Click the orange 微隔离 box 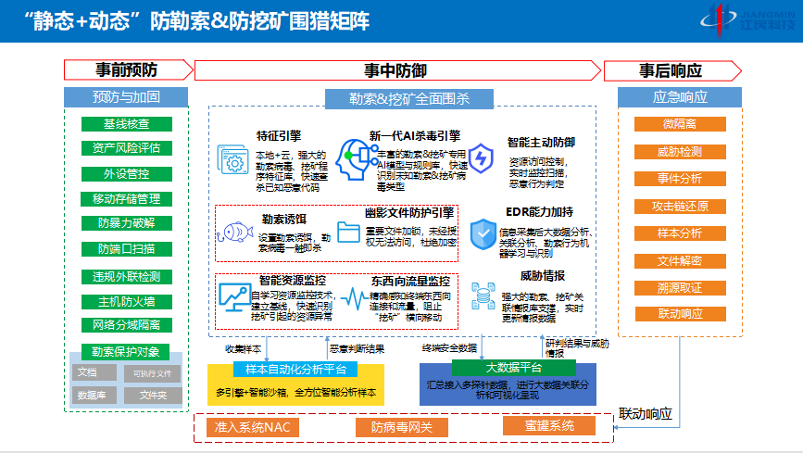[x=679, y=124]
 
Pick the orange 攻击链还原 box [x=679, y=206]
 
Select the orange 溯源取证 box [x=679, y=288]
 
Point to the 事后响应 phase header [x=671, y=70]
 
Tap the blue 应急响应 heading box [x=679, y=96]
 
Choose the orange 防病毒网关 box [x=395, y=427]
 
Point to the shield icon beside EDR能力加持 [x=484, y=233]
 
